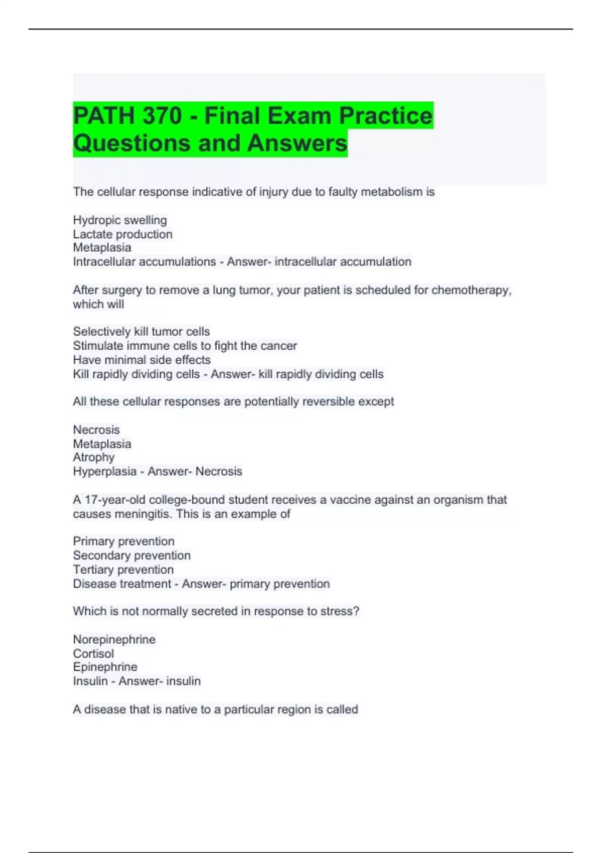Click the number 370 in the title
[162, 116]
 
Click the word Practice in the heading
[385, 116]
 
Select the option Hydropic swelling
[120, 220]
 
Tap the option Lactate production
[122, 234]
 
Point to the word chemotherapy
[471, 290]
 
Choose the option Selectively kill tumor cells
[141, 332]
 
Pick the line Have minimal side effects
[141, 360]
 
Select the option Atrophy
[94, 457]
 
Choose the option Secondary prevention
[131, 555]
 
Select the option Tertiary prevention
[123, 570]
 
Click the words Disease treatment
[122, 584]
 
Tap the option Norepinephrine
[114, 639]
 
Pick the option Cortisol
[93, 653]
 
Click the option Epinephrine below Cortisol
[105, 667]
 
